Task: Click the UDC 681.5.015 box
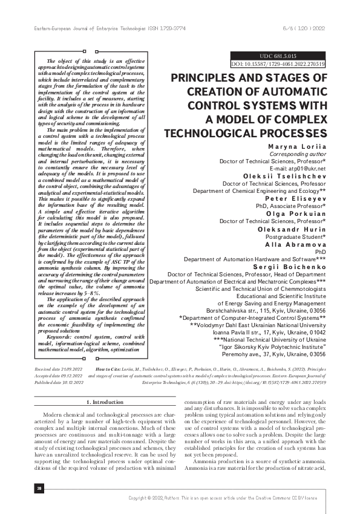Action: pos(278,55)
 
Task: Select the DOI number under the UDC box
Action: pos(278,63)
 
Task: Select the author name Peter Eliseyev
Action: pos(296,198)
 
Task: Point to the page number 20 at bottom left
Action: pos(39,487)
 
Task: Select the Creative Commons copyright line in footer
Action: pos(231,497)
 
